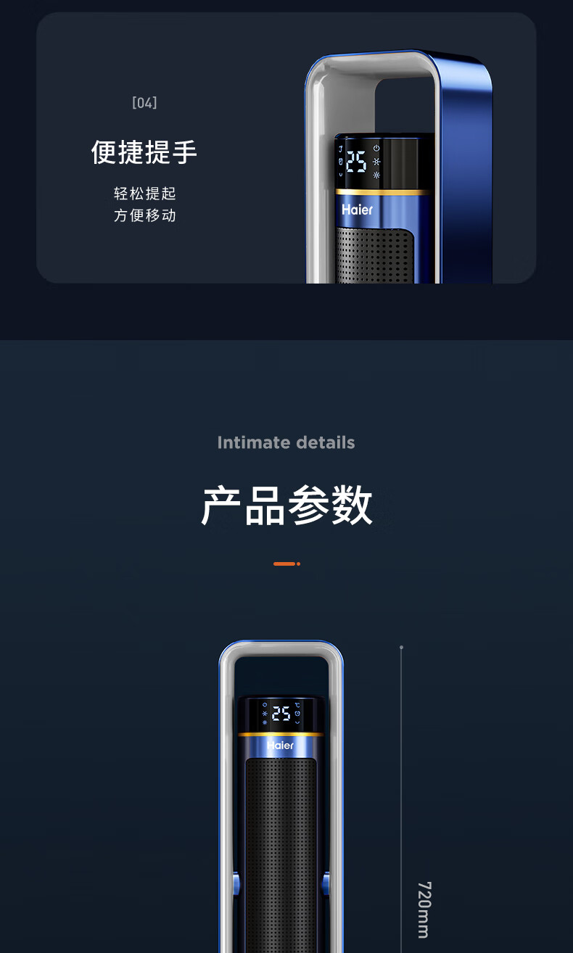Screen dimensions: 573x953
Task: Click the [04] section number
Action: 144,102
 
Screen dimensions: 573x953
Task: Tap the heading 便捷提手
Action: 144,152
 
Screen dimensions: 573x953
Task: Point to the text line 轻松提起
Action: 144,193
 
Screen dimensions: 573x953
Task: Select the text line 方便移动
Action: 144,215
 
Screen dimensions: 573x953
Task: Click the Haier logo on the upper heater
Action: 358,210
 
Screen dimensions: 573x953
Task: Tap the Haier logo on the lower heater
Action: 280,745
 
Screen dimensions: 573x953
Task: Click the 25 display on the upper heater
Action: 356,162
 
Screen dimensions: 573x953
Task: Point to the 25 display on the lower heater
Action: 281,714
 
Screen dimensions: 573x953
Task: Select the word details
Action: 326,442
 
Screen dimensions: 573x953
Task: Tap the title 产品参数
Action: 286,506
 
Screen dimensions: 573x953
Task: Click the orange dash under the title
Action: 284,564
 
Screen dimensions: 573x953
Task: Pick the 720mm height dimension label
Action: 424,909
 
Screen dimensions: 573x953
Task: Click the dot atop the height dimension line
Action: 401,647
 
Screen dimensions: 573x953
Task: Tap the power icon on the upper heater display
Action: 376,148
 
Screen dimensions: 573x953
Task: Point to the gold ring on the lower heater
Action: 281,734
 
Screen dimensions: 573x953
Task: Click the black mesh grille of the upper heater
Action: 375,255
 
